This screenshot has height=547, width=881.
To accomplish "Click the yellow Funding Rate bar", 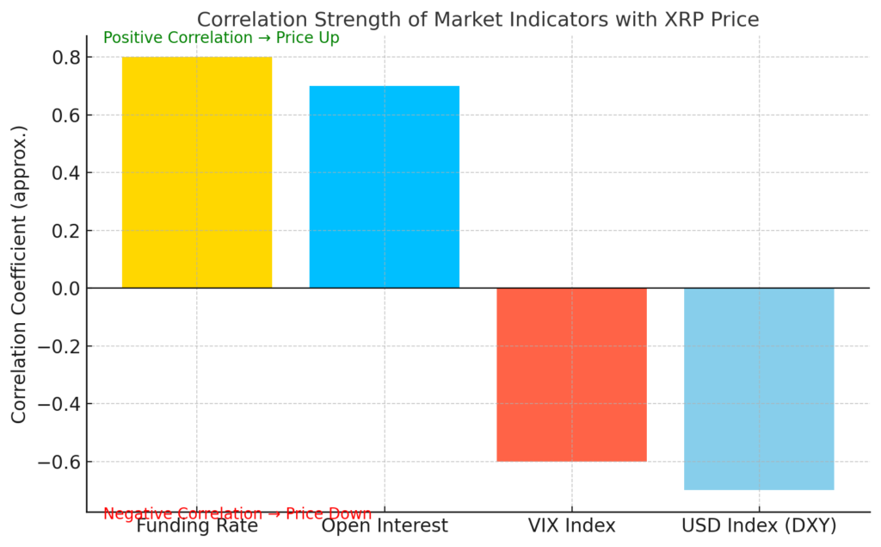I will click(x=197, y=172).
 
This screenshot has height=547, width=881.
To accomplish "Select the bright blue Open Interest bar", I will click(x=385, y=187).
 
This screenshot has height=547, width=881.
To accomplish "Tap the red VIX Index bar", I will click(x=571, y=375).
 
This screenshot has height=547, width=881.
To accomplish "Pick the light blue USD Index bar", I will click(x=759, y=388).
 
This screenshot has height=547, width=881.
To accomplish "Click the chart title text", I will click(x=478, y=19).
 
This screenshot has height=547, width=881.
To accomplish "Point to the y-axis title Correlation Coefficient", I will click(x=19, y=274).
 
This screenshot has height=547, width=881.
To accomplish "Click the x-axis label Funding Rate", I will click(x=197, y=525).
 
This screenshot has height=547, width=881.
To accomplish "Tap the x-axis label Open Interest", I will click(x=385, y=525).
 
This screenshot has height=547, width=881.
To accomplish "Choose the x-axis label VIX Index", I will click(x=571, y=525).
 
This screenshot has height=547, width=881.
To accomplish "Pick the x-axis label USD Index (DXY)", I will click(x=759, y=525).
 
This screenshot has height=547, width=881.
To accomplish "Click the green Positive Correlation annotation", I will click(x=221, y=38).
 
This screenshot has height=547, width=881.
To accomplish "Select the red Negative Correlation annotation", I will click(x=237, y=514).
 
